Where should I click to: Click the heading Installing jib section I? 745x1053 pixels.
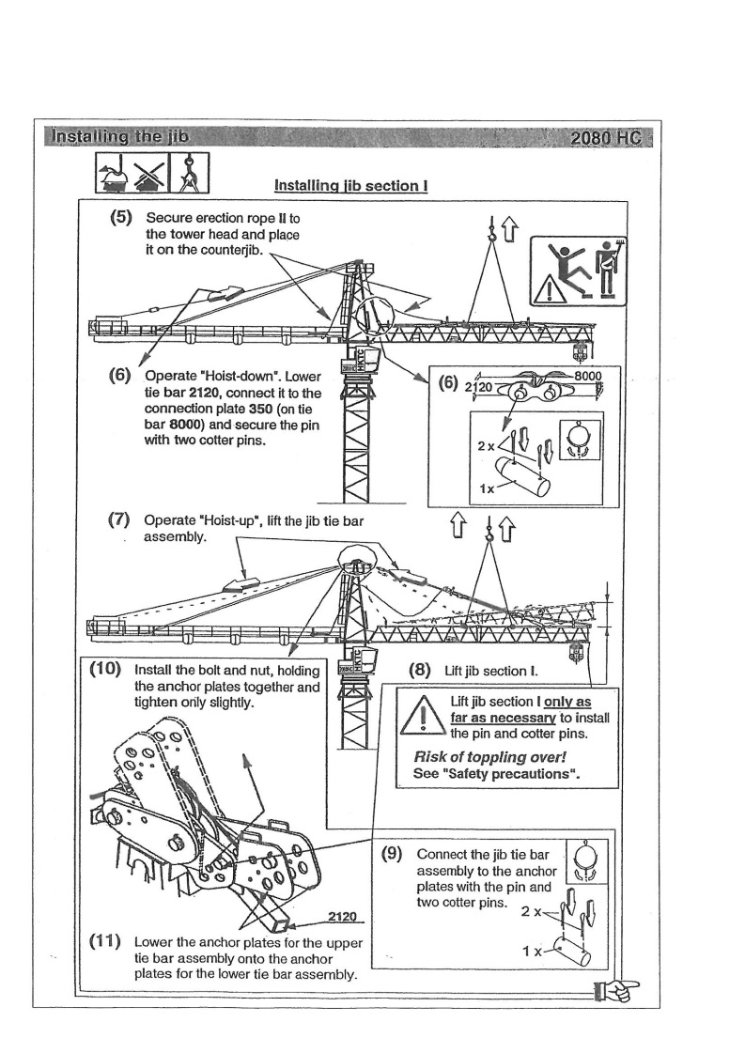click(350, 186)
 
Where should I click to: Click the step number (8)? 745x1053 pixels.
click(419, 671)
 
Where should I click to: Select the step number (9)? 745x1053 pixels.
click(392, 854)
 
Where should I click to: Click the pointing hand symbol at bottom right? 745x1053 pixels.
click(613, 987)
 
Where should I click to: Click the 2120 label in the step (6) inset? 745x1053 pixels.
click(479, 387)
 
